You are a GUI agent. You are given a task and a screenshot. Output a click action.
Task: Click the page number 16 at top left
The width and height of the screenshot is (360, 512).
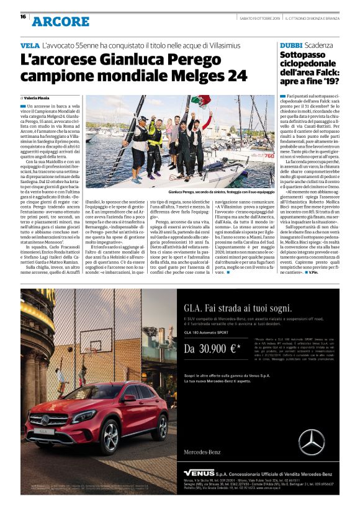pos(23,17)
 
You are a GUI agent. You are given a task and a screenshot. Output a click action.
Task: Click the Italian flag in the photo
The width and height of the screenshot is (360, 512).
pos(200,101)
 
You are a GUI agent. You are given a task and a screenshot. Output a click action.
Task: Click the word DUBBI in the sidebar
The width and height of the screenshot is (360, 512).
pos(291,46)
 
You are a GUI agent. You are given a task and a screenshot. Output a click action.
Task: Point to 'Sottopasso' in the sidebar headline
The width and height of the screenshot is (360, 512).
pos(305,56)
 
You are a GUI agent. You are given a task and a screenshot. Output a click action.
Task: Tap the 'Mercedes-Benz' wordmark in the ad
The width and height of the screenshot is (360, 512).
pos(203,452)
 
